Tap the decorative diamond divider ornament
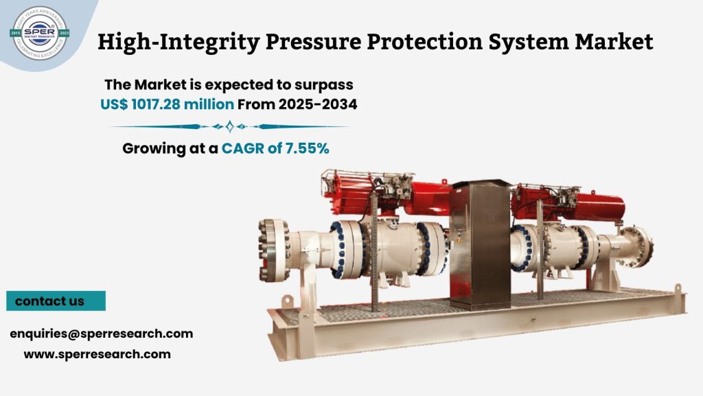[x=229, y=126]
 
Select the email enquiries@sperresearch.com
[x=101, y=334]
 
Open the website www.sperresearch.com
[x=97, y=354]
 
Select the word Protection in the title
[x=422, y=43]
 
